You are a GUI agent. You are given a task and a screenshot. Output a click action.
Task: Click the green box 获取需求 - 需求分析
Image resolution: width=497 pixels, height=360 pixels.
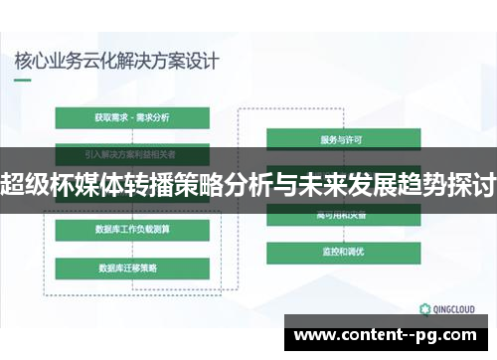pos(132,117)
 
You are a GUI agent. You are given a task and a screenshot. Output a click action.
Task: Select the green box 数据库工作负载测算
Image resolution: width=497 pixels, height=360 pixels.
pos(132,231)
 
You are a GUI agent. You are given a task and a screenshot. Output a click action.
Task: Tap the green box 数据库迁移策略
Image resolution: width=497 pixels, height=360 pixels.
pos(132,269)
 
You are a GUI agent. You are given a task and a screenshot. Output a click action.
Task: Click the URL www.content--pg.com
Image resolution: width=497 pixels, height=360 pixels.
pos(389,335)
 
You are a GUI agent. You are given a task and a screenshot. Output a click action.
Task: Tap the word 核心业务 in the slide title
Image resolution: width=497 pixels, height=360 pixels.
pos(45,61)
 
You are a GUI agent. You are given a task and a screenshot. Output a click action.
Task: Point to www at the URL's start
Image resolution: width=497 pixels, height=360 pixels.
pos(315,335)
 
